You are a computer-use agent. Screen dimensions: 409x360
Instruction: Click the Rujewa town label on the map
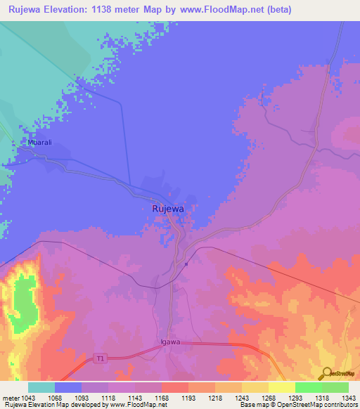click(168, 209)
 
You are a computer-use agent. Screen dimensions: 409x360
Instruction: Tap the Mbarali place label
click(40, 143)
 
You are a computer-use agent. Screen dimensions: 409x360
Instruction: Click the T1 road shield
click(100, 359)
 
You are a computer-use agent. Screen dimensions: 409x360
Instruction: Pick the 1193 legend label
click(188, 397)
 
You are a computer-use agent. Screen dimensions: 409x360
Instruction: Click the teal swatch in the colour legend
click(41, 387)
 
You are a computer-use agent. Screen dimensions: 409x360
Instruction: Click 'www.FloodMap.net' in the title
click(211, 10)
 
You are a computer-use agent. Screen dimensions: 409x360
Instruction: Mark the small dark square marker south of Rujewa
click(186, 264)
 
